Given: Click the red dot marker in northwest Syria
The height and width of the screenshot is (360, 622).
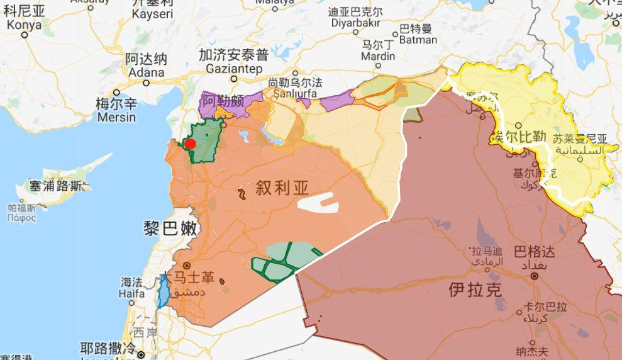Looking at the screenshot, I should pyautogui.click(x=190, y=144).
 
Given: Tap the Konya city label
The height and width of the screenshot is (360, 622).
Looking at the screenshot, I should pyautogui.click(x=24, y=25).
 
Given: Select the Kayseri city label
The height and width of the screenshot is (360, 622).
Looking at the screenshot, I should pyautogui.click(x=153, y=13).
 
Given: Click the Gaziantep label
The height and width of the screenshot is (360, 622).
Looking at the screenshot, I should pyautogui.click(x=233, y=67).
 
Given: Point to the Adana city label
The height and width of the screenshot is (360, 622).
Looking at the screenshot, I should pyautogui.click(x=146, y=72).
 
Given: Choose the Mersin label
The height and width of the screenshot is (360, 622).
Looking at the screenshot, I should pyautogui.click(x=116, y=116).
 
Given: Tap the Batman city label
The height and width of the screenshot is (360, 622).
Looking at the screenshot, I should pyautogui.click(x=417, y=40).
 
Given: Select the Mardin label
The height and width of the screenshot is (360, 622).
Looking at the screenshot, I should pyautogui.click(x=379, y=57).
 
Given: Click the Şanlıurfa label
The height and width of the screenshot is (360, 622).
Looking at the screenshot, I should pyautogui.click(x=294, y=95).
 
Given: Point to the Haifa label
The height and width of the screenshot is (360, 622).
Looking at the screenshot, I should pyautogui.click(x=131, y=293).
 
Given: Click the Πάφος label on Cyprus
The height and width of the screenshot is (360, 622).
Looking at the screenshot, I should pyautogui.click(x=22, y=218).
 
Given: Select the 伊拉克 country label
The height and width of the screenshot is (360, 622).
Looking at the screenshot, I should pyautogui.click(x=475, y=290).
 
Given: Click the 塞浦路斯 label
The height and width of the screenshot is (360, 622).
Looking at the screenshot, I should pyautogui.click(x=55, y=186).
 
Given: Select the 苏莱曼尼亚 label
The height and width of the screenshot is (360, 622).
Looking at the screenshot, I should pyautogui.click(x=579, y=138).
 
